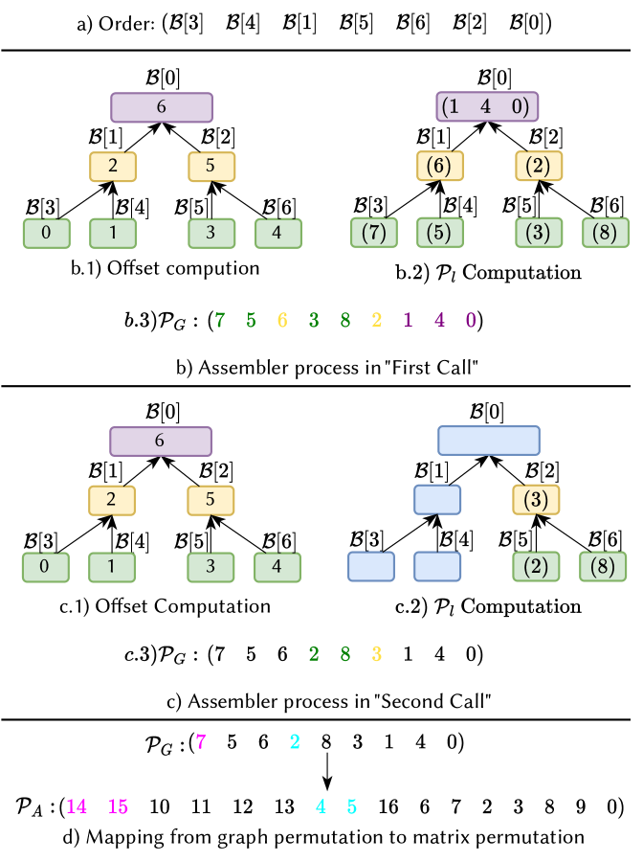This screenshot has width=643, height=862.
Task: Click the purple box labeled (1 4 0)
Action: point(487,106)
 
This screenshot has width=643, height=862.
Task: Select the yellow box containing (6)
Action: point(440,166)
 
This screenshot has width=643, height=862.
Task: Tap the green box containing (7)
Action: point(373,233)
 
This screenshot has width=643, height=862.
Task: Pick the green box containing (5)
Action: point(440,233)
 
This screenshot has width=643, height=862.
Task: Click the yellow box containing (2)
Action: point(539,166)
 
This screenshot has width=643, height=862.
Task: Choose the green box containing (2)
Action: point(536,566)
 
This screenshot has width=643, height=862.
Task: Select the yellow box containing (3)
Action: point(536,499)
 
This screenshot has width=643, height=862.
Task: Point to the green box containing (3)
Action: point(539,233)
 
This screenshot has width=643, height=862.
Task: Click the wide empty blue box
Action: point(489,441)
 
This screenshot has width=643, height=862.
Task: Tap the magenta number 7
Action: point(201,742)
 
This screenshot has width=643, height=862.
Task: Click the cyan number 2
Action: point(295,742)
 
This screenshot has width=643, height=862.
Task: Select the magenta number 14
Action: point(77,807)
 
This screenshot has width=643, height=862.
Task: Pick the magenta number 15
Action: point(118,807)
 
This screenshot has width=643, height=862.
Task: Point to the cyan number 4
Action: point(321,807)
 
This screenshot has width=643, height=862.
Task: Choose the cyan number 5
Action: point(352,807)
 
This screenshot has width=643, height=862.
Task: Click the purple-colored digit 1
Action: point(408,321)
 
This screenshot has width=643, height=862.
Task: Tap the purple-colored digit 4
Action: point(439,321)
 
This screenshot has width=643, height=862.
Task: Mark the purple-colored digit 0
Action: point(471,321)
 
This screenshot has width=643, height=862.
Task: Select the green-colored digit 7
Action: point(220,321)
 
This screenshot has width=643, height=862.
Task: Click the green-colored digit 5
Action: point(251,321)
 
